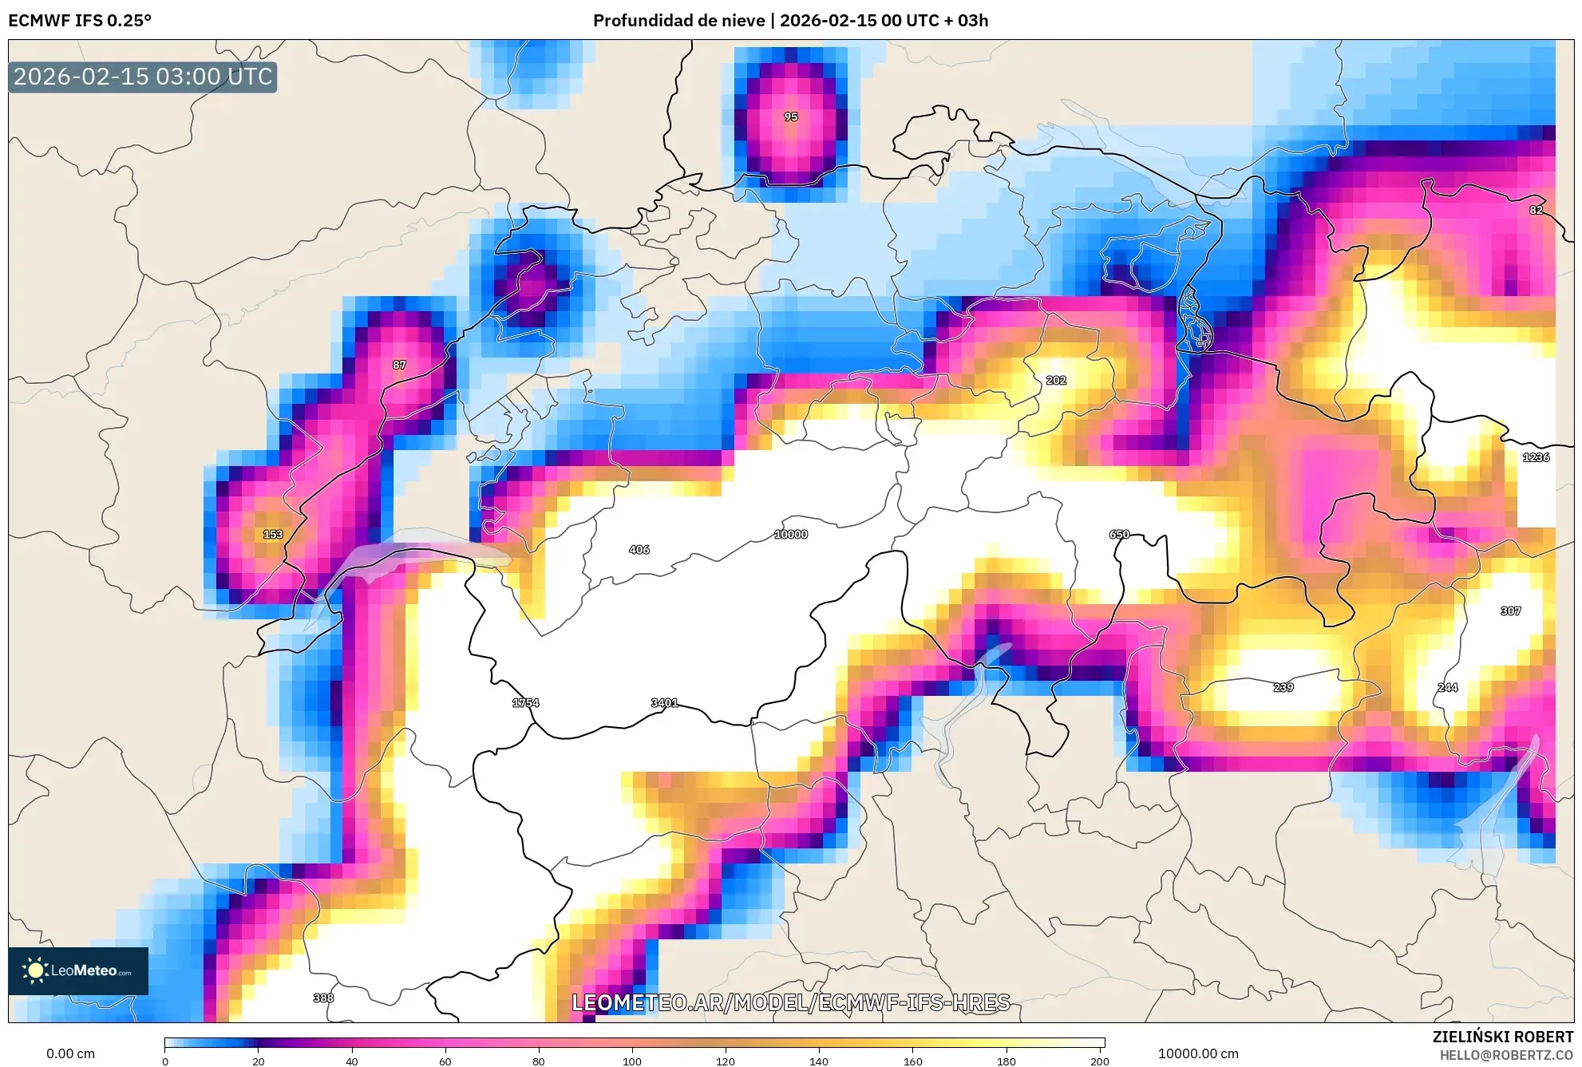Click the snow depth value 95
tap(790, 117)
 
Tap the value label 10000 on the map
tap(790, 535)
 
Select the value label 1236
tap(1536, 457)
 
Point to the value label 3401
tap(664, 703)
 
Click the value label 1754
tap(525, 703)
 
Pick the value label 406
tap(639, 550)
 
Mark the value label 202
tap(1055, 381)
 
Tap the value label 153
tap(273, 535)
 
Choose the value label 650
tap(1119, 535)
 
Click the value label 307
tap(1510, 611)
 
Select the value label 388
tap(323, 998)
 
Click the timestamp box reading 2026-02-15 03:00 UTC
tap(143, 77)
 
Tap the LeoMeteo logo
tap(78, 970)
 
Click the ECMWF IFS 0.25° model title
tap(80, 21)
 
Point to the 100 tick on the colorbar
tap(632, 1061)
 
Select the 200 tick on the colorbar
tap(1100, 1061)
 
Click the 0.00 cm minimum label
tap(70, 1053)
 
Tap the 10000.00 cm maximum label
tap(1198, 1053)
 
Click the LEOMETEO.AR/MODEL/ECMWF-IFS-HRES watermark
tap(790, 1002)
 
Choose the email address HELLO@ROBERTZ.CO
tap(1506, 1055)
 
